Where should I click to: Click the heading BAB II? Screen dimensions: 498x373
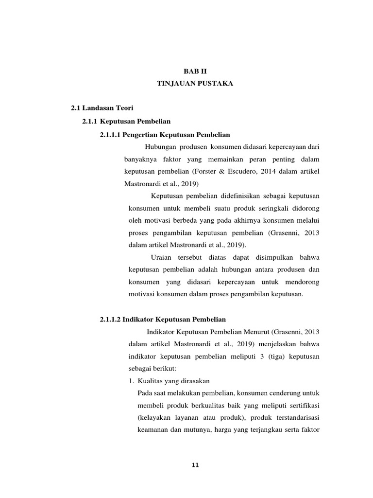pos(195,71)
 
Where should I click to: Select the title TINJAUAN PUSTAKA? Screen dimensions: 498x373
pos(195,84)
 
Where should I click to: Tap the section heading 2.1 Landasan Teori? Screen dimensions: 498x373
pos(99,107)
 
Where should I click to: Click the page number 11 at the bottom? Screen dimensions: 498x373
pos(195,465)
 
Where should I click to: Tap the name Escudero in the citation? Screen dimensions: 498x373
pos(241,172)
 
